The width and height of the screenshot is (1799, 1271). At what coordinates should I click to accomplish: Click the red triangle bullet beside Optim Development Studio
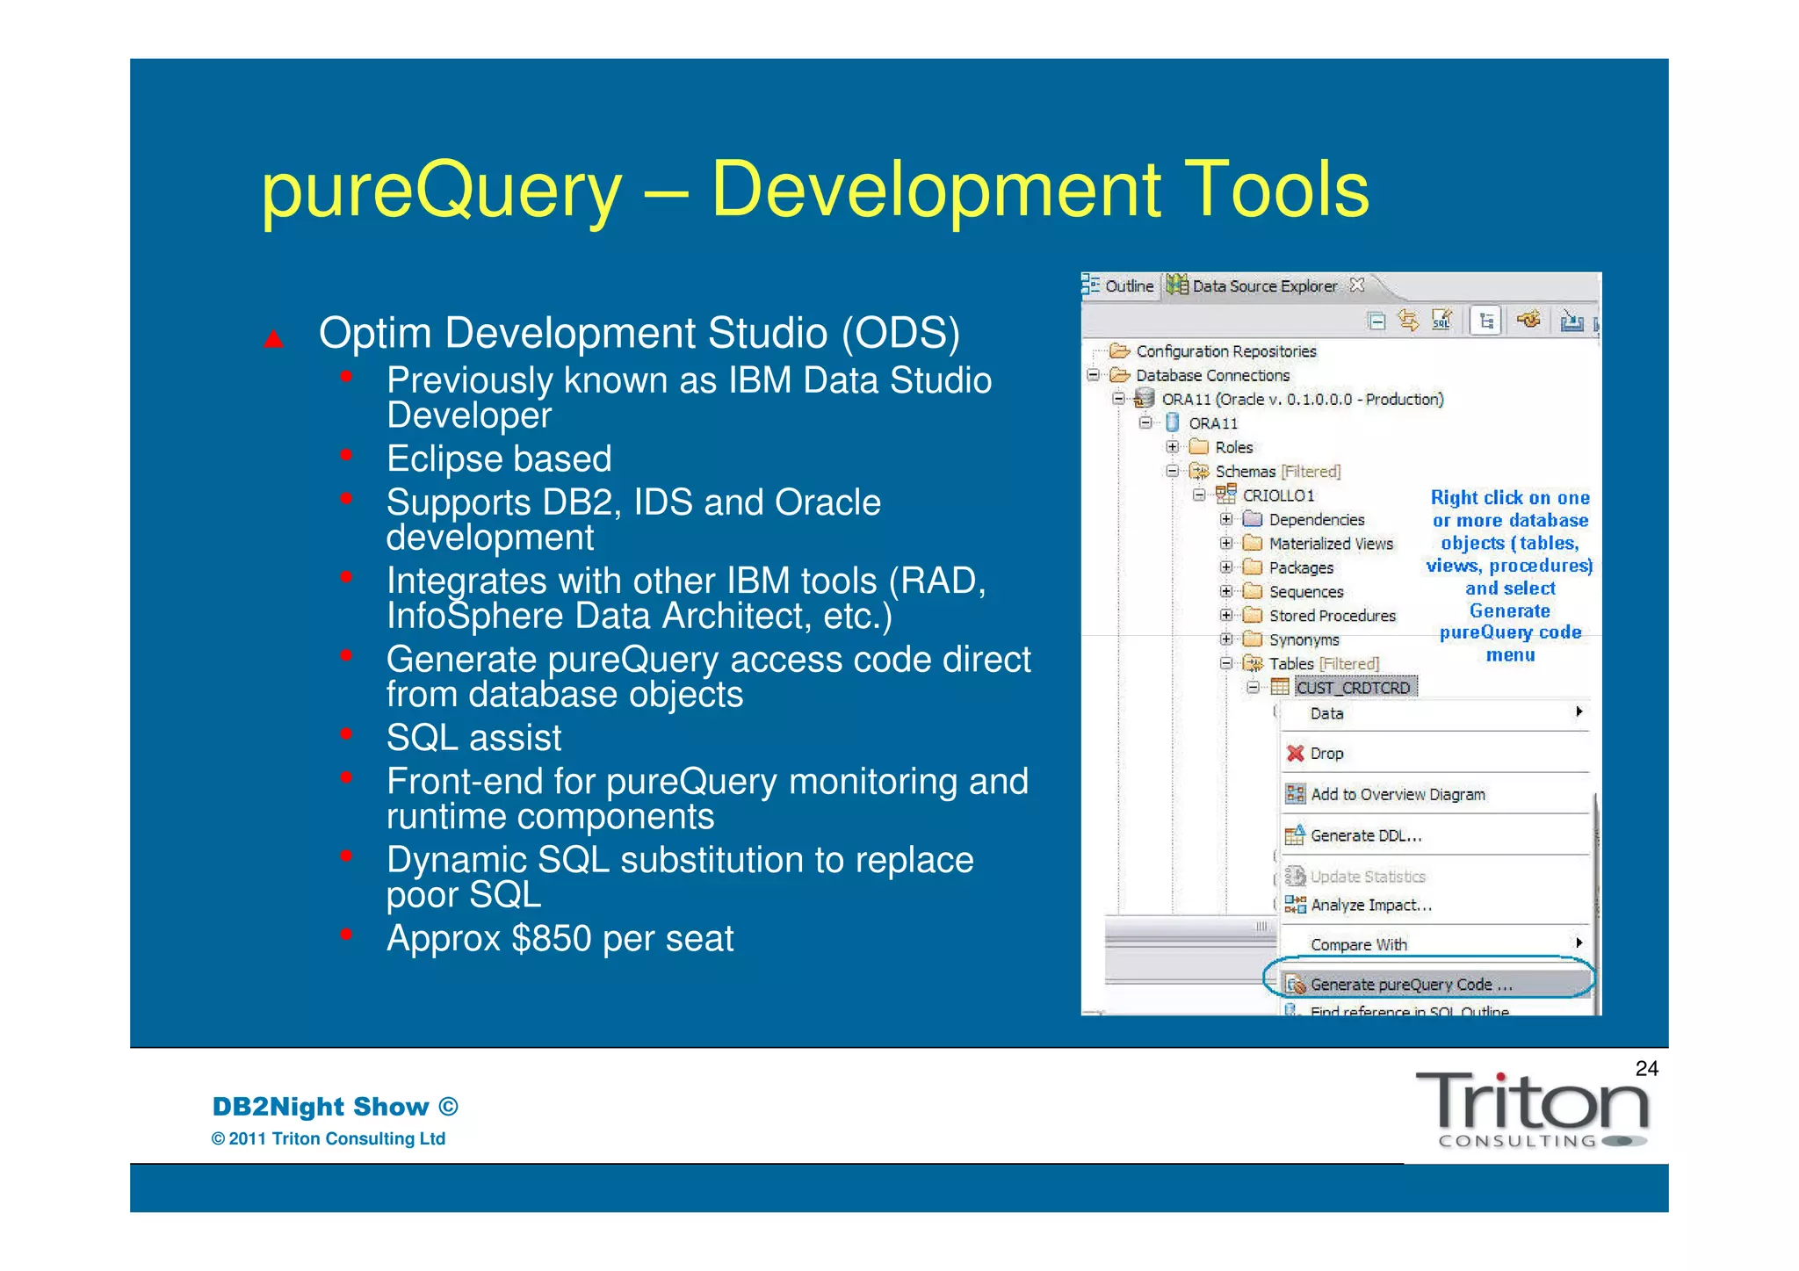pos(274,339)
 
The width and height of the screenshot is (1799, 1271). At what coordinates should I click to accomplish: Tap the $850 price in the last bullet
pos(554,939)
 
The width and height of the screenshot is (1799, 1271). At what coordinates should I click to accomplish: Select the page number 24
pos(1646,1069)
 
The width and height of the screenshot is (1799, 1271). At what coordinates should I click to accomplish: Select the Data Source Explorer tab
pos(1263,286)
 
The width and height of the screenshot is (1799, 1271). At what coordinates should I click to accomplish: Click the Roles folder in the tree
pos(1233,448)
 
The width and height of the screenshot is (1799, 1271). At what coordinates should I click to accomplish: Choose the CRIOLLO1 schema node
pos(1277,496)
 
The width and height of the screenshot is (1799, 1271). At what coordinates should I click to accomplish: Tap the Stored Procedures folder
pos(1332,617)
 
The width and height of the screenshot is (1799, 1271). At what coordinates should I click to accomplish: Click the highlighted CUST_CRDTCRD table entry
pos(1353,688)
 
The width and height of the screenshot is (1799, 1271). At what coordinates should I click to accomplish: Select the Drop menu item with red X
pos(1326,754)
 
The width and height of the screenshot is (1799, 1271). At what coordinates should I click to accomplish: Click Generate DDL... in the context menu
pos(1365,836)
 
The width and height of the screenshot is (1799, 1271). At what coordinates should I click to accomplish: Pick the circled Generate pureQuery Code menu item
pos(1410,985)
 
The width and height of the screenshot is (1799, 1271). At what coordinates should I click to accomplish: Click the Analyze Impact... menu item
pos(1370,906)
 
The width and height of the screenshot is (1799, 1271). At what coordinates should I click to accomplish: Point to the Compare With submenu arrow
pos(1579,943)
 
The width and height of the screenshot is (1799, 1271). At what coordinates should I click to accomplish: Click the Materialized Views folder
pos(1330,545)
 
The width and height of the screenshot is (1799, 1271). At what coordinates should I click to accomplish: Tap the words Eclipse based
pos(499,459)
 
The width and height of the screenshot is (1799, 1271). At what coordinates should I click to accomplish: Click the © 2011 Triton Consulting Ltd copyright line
pos(329,1139)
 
